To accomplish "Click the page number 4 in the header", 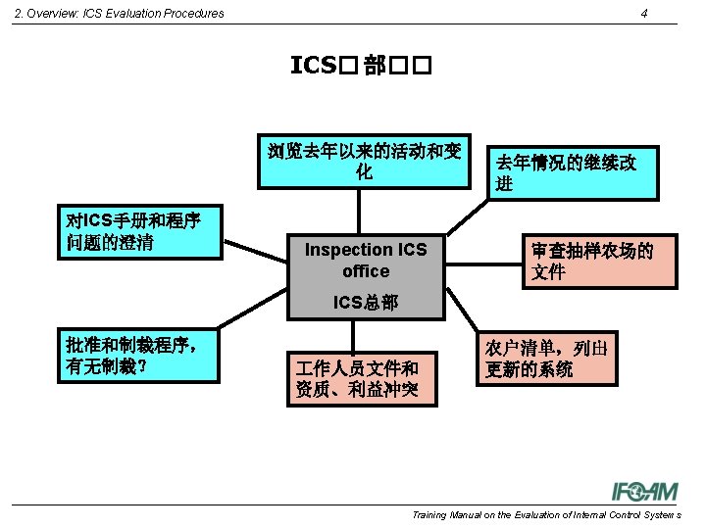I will tap(643, 13).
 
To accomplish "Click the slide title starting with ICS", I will tap(362, 66).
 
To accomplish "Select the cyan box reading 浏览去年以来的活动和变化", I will tap(364, 161).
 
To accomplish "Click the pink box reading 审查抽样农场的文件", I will tap(597, 261).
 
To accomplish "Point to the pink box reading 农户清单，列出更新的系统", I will tap(547, 359).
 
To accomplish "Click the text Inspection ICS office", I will tap(366, 261).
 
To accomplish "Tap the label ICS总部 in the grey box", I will tap(366, 302).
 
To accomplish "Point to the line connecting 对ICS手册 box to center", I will tap(257, 251).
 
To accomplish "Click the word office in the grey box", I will tap(366, 271).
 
